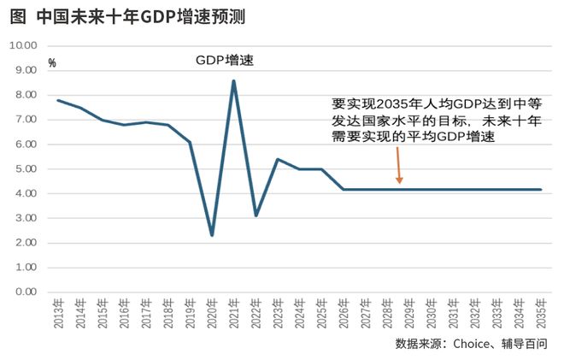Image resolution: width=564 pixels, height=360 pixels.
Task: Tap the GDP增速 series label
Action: pyautogui.click(x=225, y=62)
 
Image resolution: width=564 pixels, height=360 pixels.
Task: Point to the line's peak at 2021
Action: pyautogui.click(x=233, y=81)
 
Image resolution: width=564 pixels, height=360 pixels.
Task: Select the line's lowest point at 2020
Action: pyautogui.click(x=212, y=234)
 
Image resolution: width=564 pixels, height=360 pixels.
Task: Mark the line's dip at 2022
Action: pyautogui.click(x=256, y=215)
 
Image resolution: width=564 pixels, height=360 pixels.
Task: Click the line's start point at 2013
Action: pyautogui.click(x=58, y=100)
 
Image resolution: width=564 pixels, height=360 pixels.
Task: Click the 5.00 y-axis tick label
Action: pyautogui.click(x=23, y=168)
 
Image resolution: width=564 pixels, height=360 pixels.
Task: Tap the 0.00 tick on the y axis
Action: pyautogui.click(x=23, y=292)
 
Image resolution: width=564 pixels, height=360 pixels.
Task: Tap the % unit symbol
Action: pyautogui.click(x=52, y=63)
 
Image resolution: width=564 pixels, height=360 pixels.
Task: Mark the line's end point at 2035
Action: pyautogui.click(x=541, y=189)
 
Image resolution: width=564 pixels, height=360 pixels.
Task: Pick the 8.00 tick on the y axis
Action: pyautogui.click(x=23, y=94)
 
